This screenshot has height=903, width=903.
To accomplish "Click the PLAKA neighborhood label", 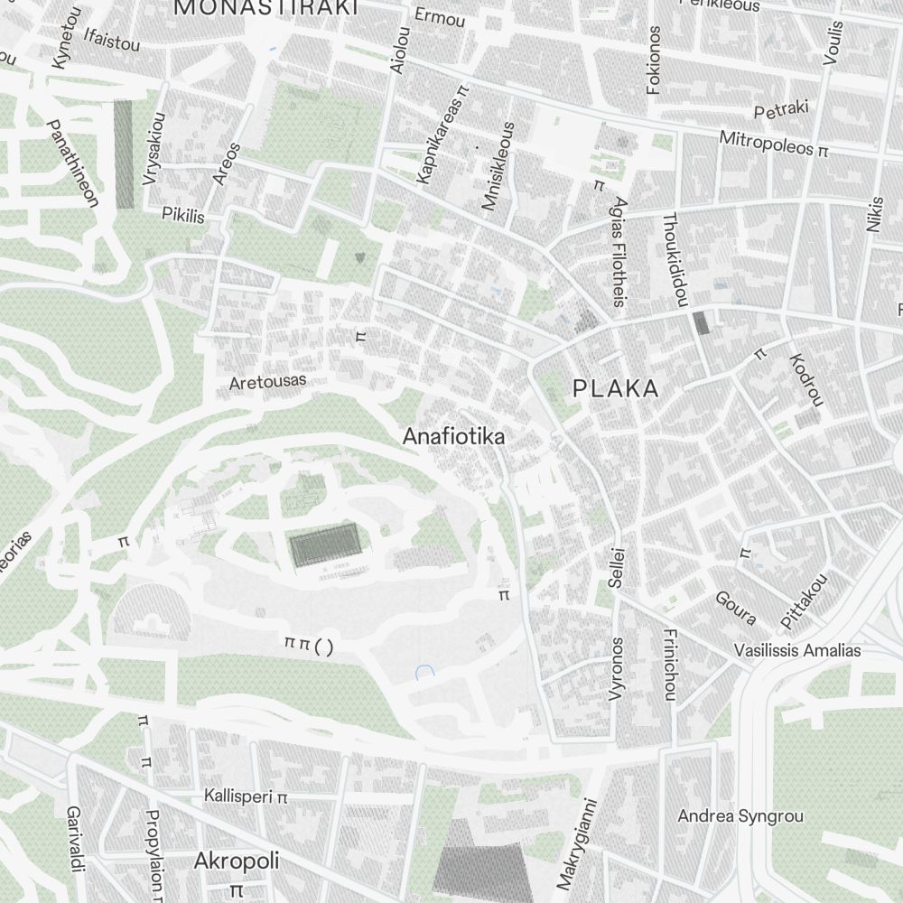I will [x=616, y=389].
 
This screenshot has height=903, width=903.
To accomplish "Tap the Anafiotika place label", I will [x=453, y=436].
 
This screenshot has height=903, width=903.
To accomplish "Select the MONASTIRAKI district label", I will [x=266, y=7].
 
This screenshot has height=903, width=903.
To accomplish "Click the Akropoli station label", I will [x=237, y=861].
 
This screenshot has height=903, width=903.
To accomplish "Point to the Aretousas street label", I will [x=267, y=382].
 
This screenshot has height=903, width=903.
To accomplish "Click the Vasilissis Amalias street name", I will [x=797, y=650].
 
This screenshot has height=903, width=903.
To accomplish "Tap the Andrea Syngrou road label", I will [x=740, y=816].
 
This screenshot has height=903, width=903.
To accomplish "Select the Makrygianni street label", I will [x=578, y=842].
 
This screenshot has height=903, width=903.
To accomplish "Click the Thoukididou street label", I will [x=675, y=257].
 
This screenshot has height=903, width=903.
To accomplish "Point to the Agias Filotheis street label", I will [x=619, y=251].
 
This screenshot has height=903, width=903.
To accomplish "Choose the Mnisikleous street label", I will [x=498, y=167].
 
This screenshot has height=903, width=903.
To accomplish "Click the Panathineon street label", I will [x=72, y=163].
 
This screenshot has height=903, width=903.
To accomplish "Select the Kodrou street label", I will [x=806, y=378].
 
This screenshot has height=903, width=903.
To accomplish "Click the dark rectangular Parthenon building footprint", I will [x=325, y=547].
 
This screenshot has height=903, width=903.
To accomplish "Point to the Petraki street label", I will [x=781, y=110].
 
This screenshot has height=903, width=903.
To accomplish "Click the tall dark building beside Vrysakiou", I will [x=124, y=154].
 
